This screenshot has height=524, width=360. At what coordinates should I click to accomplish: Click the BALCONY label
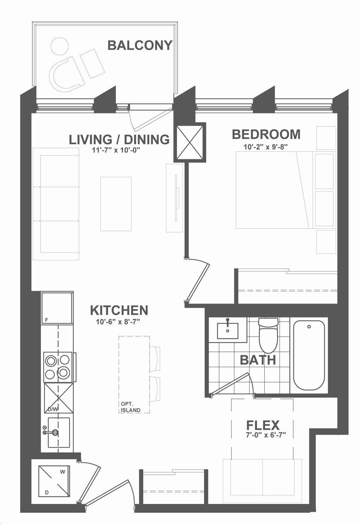point(140,45)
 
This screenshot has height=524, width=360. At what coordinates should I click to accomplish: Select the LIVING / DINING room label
point(119,140)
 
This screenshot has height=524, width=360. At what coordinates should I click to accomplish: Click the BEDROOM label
point(266,134)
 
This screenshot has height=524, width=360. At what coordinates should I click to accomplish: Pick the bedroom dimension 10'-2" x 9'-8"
point(265,147)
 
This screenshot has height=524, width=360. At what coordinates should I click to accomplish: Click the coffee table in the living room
point(116,204)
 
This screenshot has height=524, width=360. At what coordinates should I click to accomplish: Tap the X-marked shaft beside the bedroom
point(189,142)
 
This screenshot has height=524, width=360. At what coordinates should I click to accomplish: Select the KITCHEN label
point(119,310)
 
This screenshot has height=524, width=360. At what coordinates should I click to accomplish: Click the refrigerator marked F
point(57,308)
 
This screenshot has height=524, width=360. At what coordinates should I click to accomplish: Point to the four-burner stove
point(58,367)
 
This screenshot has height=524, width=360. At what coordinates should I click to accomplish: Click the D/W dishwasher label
point(53,409)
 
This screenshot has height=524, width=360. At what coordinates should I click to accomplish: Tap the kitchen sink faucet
point(51,433)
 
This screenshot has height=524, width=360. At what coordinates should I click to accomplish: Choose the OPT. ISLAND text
point(131,407)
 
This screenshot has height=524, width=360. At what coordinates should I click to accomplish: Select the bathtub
point(309,355)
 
